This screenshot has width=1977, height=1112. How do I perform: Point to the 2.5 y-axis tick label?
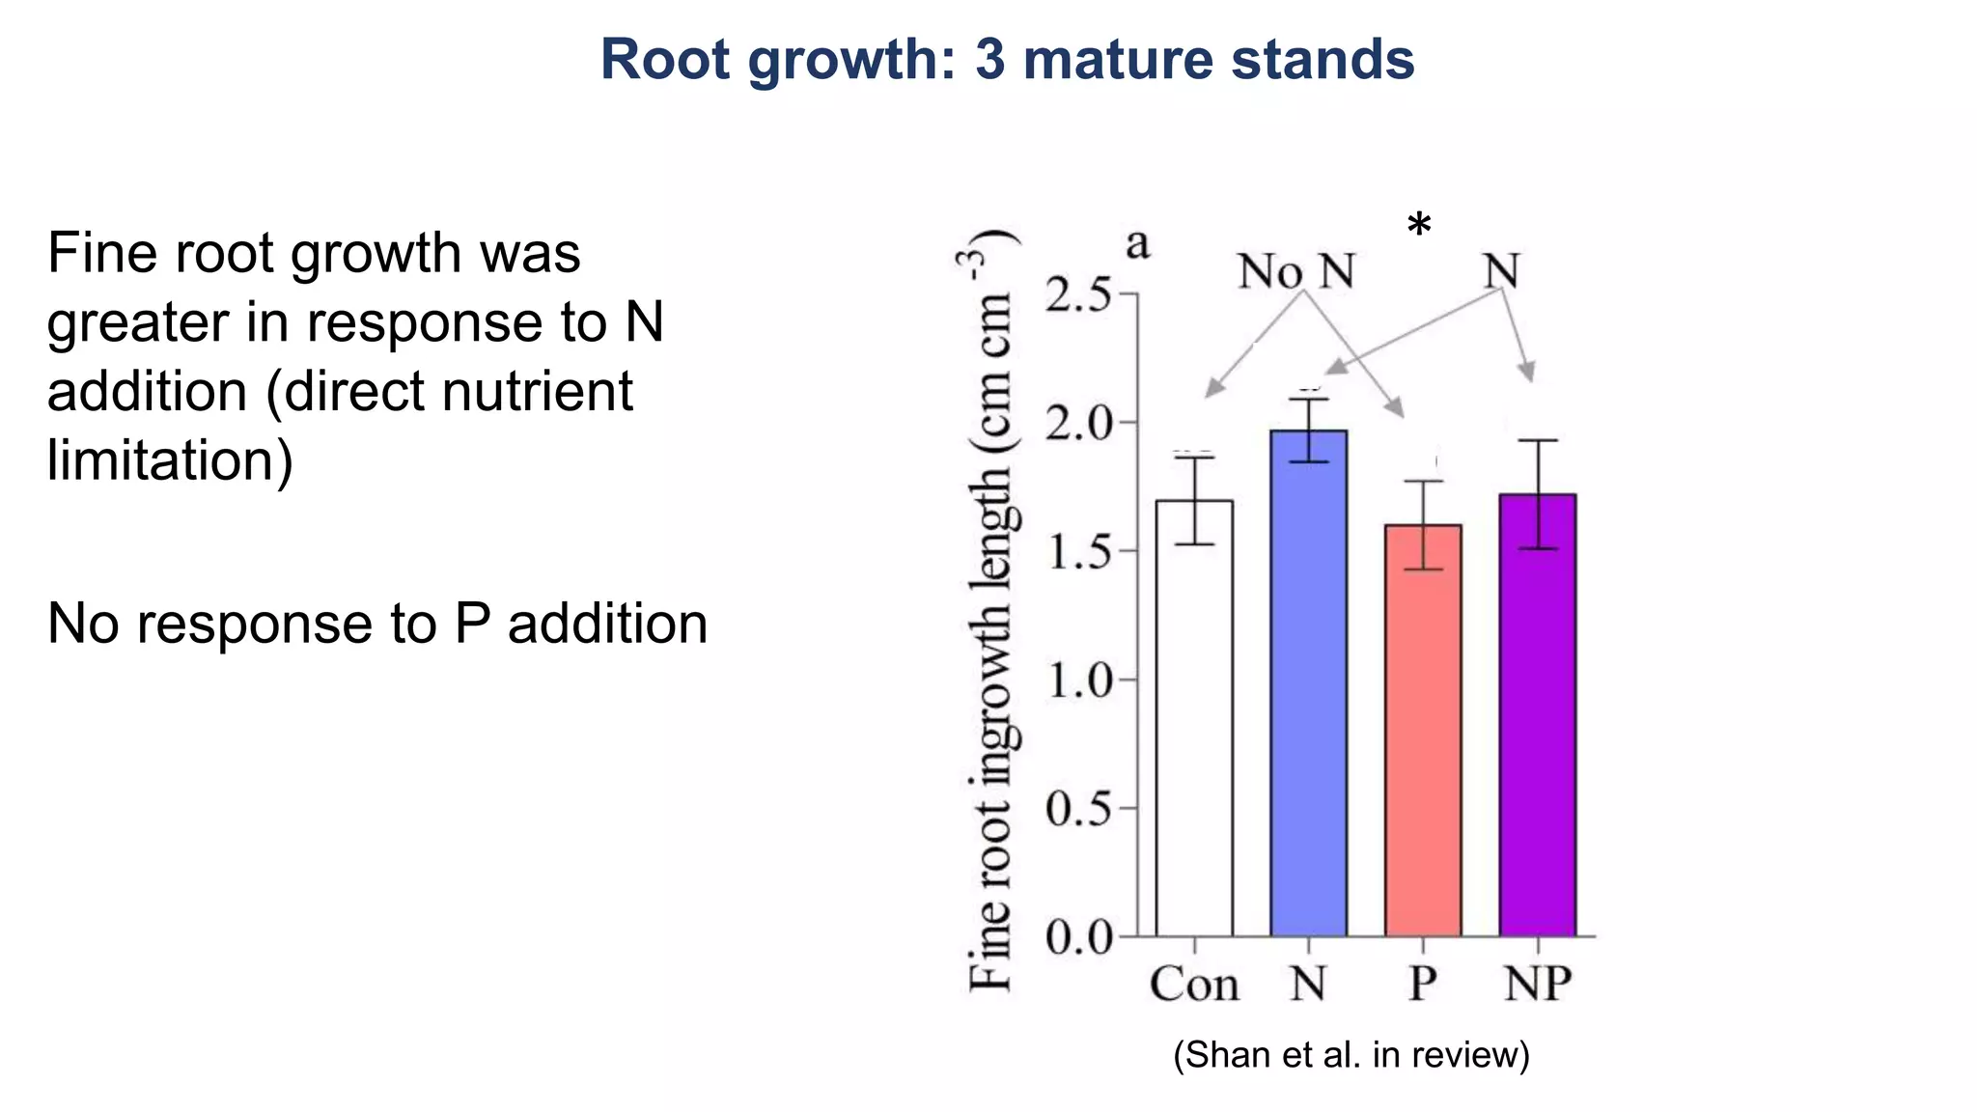(x=1078, y=294)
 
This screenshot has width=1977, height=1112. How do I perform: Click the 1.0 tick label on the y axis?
(x=1078, y=681)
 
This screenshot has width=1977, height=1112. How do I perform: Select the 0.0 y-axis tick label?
(x=1078, y=937)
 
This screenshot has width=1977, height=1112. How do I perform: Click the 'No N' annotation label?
(x=1296, y=272)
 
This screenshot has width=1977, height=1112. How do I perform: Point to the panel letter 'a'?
(x=1138, y=244)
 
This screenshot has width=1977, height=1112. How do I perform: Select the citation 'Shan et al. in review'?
(x=1351, y=1055)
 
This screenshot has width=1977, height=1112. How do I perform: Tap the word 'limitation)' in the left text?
(x=170, y=460)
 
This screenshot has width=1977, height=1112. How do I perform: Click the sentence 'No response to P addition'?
(x=377, y=624)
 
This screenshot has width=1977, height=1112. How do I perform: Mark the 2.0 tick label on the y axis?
(x=1078, y=424)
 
